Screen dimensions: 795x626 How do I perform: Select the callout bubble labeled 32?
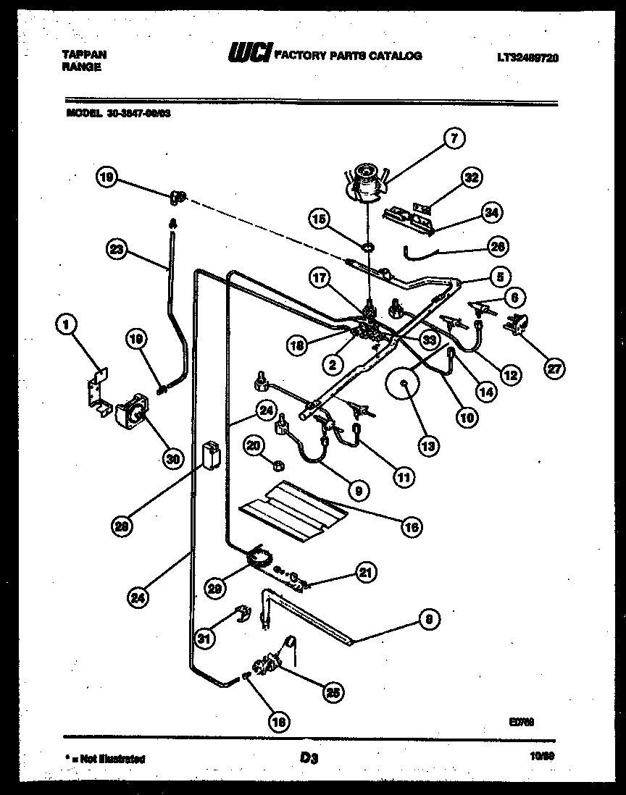pos(472,177)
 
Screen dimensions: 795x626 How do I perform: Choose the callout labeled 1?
pos(67,327)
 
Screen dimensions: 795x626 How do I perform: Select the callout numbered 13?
pos(428,446)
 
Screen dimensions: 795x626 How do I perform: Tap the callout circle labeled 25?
pos(334,692)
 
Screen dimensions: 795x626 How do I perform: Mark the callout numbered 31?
pos(206,638)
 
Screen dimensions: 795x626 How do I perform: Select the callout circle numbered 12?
pos(512,374)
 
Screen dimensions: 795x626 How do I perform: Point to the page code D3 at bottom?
pos(309,758)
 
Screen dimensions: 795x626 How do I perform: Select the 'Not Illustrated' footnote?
pos(106,759)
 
